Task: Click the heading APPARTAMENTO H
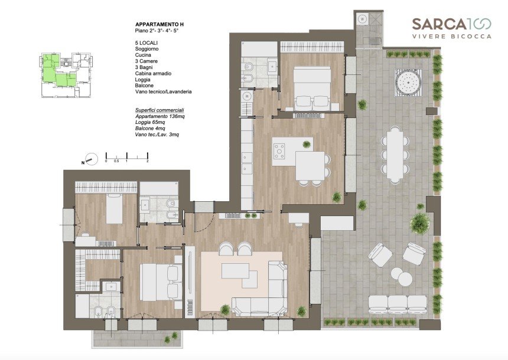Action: click(159, 24)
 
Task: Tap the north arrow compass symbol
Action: click(91, 159)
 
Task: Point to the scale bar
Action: click(126, 157)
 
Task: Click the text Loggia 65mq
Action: click(150, 122)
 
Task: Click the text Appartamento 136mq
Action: click(160, 116)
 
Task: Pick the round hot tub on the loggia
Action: click(408, 83)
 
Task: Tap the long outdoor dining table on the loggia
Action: click(395, 155)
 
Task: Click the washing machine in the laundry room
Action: click(362, 19)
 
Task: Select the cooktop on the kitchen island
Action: click(279, 151)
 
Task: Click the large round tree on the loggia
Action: click(419, 222)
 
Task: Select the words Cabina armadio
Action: click(153, 74)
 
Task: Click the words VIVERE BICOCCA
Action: click(452, 36)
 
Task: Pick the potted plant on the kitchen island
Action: click(306, 144)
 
